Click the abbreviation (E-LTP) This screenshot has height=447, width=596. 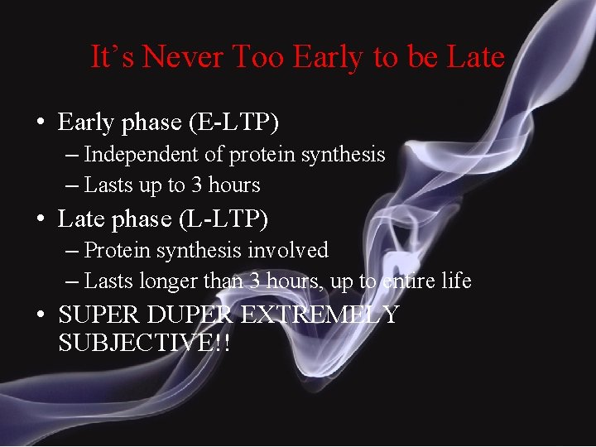(234, 123)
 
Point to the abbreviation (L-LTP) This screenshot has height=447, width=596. (224, 219)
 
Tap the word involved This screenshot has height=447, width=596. (293, 250)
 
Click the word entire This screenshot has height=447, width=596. (409, 281)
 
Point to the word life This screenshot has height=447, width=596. (456, 281)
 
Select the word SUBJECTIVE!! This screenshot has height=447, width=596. (144, 343)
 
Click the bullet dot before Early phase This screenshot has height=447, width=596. (40, 123)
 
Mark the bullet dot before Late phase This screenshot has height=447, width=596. (40, 220)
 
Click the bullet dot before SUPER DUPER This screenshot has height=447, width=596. (40, 316)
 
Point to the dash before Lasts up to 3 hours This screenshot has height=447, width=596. (72, 186)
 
